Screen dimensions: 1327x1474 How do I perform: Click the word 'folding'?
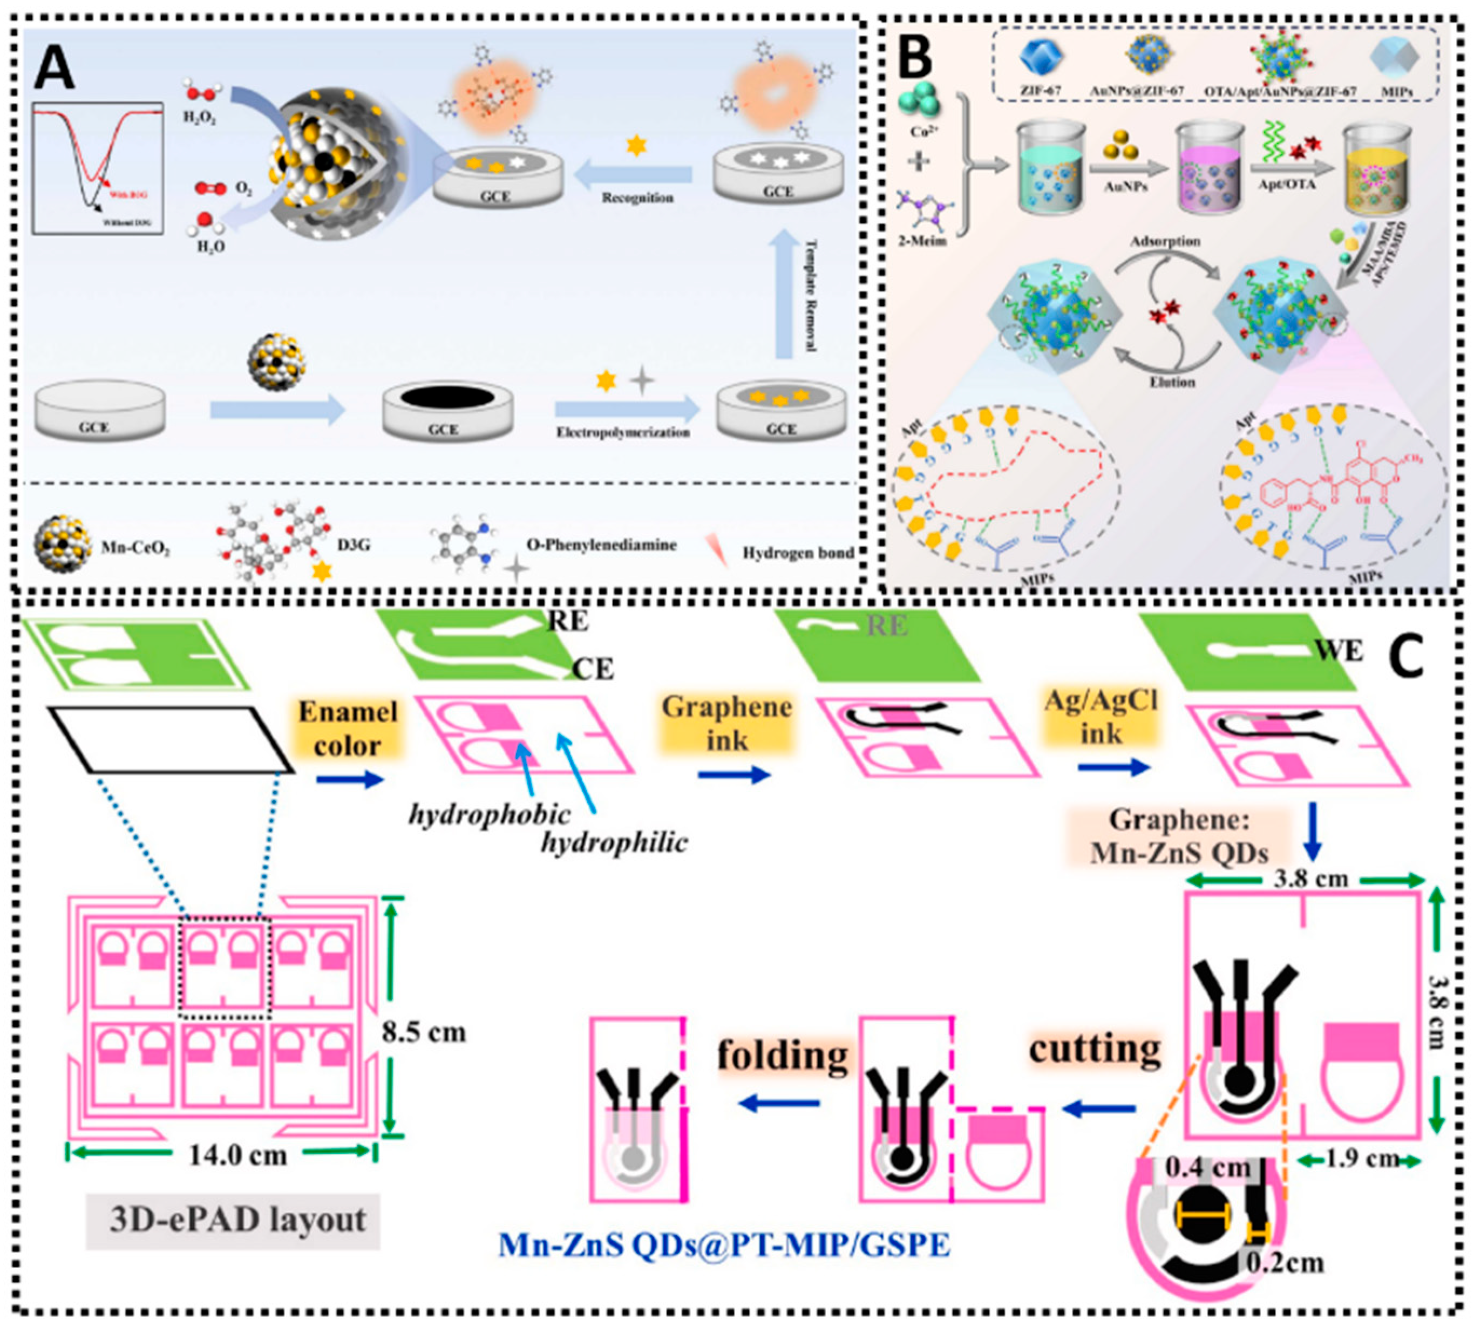tap(783, 1055)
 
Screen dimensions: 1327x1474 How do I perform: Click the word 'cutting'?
tap(1094, 1049)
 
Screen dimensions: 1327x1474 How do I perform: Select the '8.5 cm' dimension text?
tap(424, 1032)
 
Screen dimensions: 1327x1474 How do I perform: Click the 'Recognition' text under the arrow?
tap(637, 198)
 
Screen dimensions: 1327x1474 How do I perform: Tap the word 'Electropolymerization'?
tap(623, 432)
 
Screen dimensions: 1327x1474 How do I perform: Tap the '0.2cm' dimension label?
tap(1285, 1262)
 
